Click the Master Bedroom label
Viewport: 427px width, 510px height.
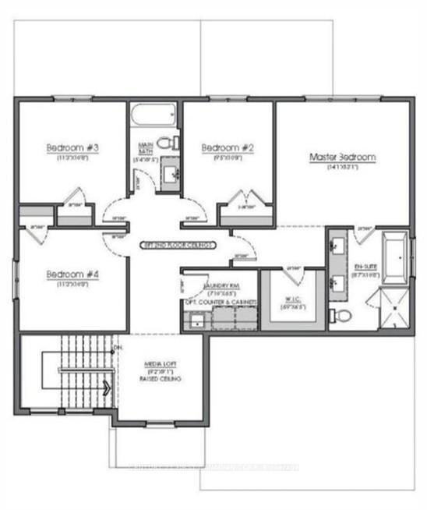click(342, 158)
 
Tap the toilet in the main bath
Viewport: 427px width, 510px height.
click(164, 143)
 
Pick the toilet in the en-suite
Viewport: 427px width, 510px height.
click(341, 315)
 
